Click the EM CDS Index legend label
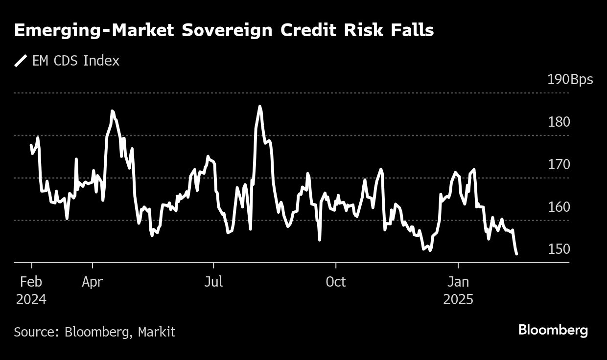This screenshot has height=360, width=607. click(75, 61)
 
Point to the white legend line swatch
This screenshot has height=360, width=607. click(21, 61)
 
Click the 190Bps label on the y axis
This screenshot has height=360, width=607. click(570, 80)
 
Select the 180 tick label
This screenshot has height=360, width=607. click(559, 122)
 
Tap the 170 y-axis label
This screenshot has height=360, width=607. click(559, 164)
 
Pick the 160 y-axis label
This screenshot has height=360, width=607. click(559, 207)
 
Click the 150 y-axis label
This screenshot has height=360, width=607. click(559, 249)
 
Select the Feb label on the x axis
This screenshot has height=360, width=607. click(31, 282)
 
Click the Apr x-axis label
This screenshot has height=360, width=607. click(93, 282)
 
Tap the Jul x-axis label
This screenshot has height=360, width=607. click(213, 282)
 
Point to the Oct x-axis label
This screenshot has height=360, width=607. click(336, 282)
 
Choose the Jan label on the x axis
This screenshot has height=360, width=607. click(458, 282)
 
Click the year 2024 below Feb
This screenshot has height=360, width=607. click(31, 299)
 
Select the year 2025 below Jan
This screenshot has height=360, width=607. click(458, 299)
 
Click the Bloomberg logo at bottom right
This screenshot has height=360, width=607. click(553, 330)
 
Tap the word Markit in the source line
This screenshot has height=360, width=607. click(156, 332)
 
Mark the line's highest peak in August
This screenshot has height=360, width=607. click(260, 106)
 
